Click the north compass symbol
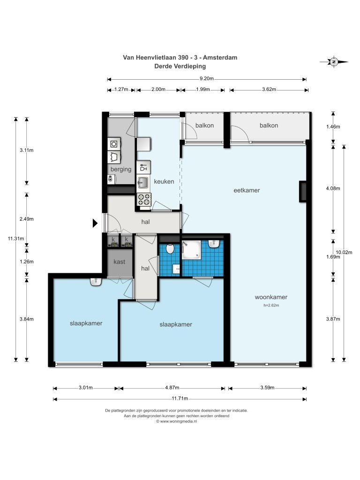[334, 62]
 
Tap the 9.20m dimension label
[207, 78]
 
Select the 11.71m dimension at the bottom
[180, 398]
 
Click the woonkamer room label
[271, 297]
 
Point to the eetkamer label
[247, 190]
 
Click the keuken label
[164, 181]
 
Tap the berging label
[121, 169]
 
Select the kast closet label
[119, 262]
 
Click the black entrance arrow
[95, 223]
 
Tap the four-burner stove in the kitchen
[144, 199]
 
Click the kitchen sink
[142, 183]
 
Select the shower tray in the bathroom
[192, 250]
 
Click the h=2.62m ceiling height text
[271, 305]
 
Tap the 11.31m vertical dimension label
[16, 239]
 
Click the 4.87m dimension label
[172, 388]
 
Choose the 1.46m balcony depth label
[333, 127]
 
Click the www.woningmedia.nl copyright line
[176, 421]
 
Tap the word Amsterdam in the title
[220, 57]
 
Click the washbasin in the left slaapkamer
[96, 282]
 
